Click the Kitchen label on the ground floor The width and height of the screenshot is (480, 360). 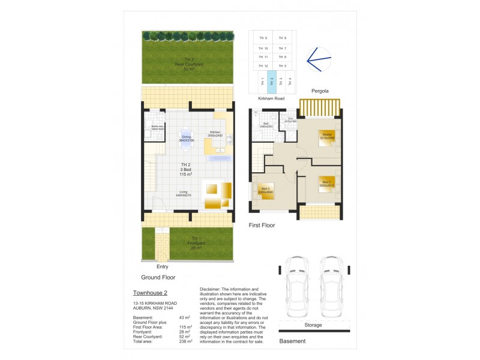click(215, 132)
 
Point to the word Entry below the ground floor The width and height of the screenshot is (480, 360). click(162, 266)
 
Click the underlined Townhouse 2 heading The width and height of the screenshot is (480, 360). click(149, 293)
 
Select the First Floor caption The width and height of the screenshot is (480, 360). click(262, 225)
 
